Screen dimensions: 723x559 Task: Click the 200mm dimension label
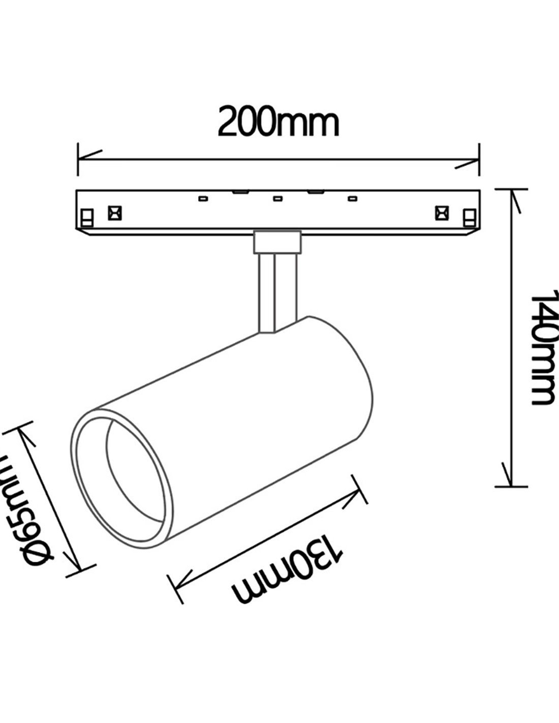(x=278, y=123)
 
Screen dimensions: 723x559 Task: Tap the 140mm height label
(x=542, y=348)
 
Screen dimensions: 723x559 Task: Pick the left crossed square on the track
(x=115, y=213)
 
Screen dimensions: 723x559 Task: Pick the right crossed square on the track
(x=441, y=213)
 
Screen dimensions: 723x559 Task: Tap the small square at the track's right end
(x=470, y=218)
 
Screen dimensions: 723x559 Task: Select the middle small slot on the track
(x=277, y=198)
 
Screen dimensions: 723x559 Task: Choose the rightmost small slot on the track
(x=352, y=198)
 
